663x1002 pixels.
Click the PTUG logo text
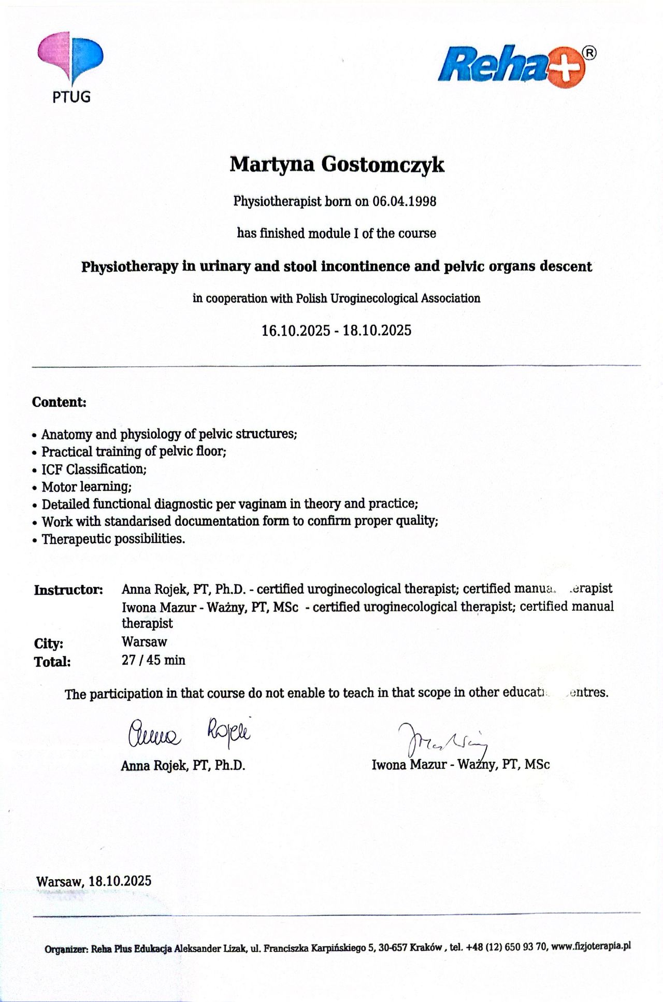pos(71,96)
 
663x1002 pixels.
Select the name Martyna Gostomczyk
pos(337,165)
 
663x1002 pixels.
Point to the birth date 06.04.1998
pos(404,201)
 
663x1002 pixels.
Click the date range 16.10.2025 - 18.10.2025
pos(336,330)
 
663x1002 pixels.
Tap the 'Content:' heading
pos(59,402)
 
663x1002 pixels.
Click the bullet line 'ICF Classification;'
pos(94,469)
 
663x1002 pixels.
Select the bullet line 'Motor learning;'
pos(87,487)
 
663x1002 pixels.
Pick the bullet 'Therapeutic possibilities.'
pos(113,539)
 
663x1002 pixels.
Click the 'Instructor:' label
pos(68,590)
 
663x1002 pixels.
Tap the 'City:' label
pos(49,643)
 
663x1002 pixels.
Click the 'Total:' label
pos(52,662)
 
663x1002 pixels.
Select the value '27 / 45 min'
pos(153,661)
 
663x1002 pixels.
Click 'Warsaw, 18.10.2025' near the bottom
pos(94,881)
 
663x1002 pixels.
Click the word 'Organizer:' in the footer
pos(67,950)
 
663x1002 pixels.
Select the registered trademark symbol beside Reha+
pos(589,52)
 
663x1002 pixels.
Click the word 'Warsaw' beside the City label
pos(144,642)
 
